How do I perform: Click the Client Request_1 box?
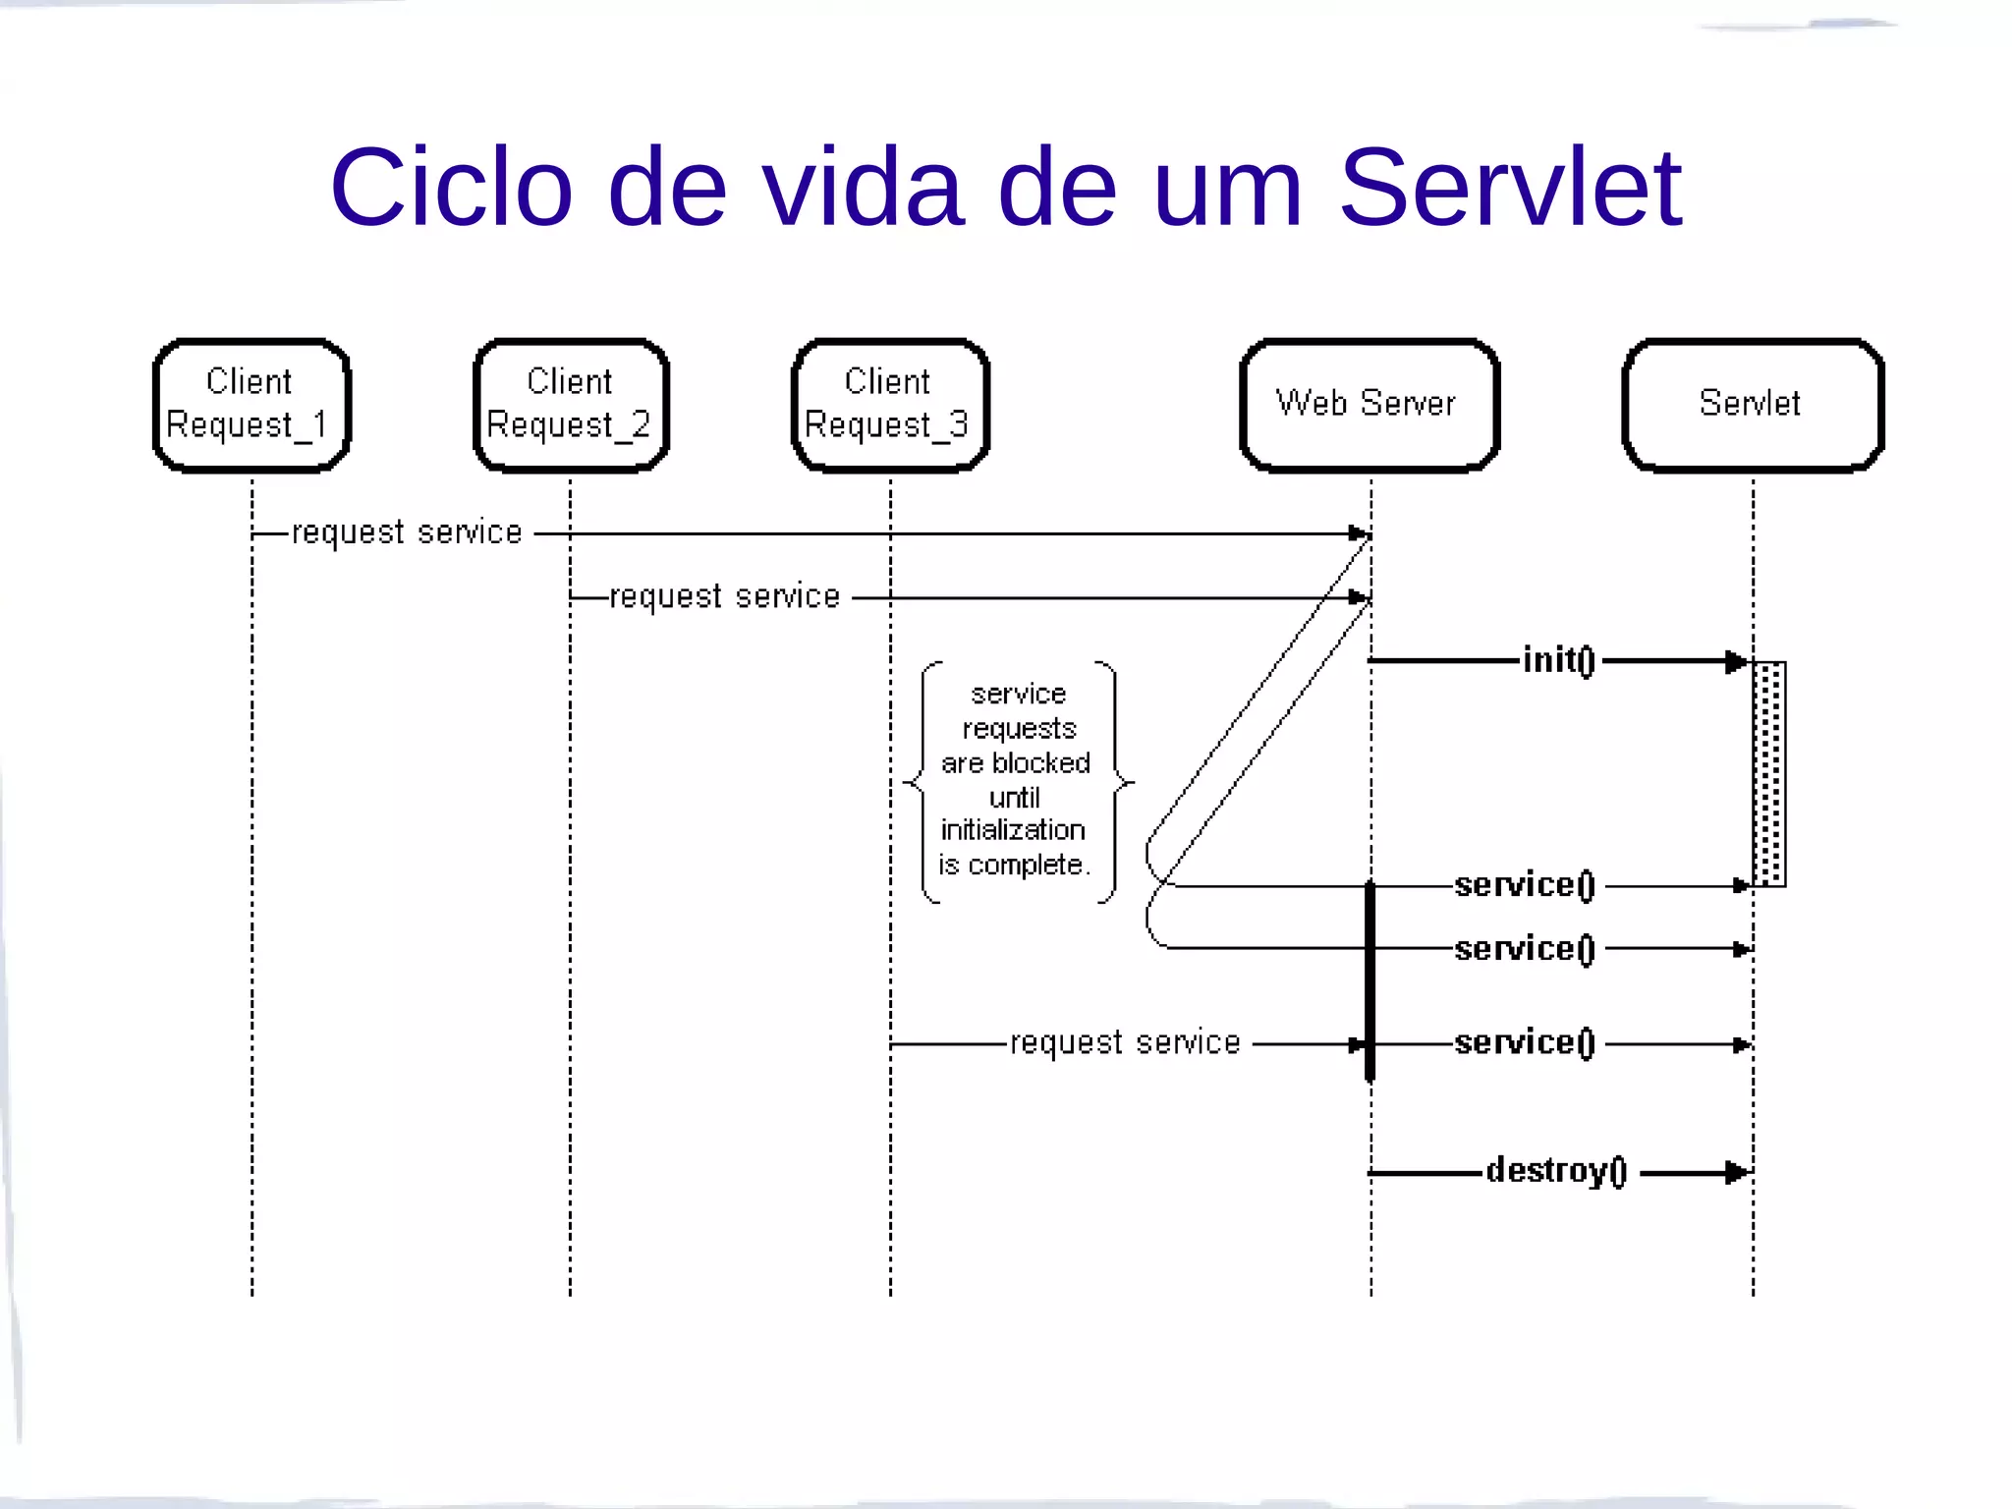[x=251, y=405]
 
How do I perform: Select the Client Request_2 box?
[x=571, y=405]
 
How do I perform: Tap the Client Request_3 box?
[x=890, y=405]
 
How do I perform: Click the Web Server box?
[x=1369, y=405]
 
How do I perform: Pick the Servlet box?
[x=1752, y=405]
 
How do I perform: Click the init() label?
[x=1558, y=660]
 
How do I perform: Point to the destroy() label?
[x=1557, y=1171]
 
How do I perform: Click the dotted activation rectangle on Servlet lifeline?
[x=1769, y=774]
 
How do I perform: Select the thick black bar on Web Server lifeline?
[x=1370, y=982]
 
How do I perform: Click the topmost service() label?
[x=1525, y=885]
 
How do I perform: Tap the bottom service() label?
[x=1525, y=1042]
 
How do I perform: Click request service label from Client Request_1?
[x=407, y=532]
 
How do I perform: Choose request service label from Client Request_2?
[x=725, y=596]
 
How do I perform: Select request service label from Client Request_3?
[x=1125, y=1042]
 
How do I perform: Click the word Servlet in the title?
[x=1510, y=187]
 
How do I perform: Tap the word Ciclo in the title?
[x=451, y=187]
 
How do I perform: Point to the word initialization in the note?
[x=1013, y=830]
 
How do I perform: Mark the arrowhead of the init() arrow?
[x=1737, y=661]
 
